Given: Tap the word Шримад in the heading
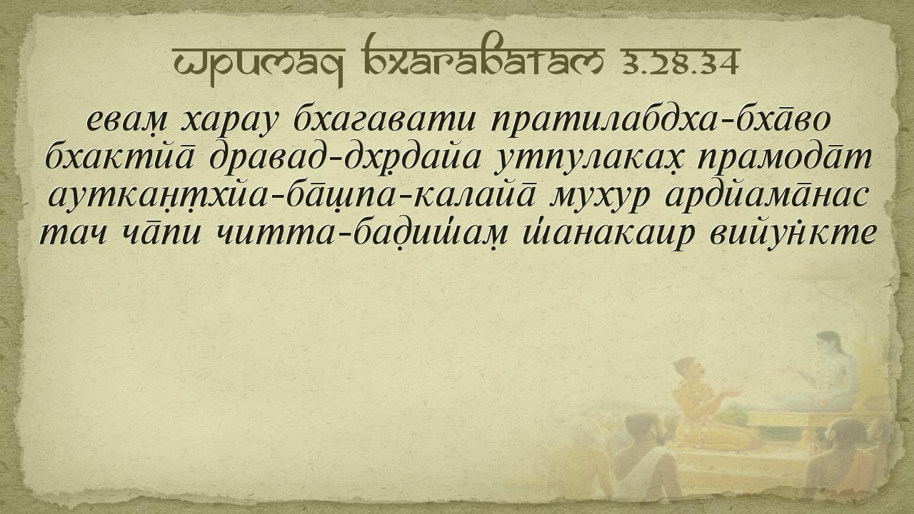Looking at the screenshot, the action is pyautogui.click(x=258, y=65).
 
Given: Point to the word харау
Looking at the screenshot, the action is pyautogui.click(x=231, y=121).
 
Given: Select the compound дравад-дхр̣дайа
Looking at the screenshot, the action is pyautogui.click(x=345, y=158).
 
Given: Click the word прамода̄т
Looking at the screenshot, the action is pyautogui.click(x=784, y=156).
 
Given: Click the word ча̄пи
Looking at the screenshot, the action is pyautogui.click(x=161, y=233).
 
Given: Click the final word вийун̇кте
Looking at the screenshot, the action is pyautogui.click(x=792, y=233).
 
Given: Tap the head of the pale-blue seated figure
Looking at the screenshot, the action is pyautogui.click(x=829, y=343).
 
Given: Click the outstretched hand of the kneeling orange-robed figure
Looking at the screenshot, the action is pyautogui.click(x=732, y=393).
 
